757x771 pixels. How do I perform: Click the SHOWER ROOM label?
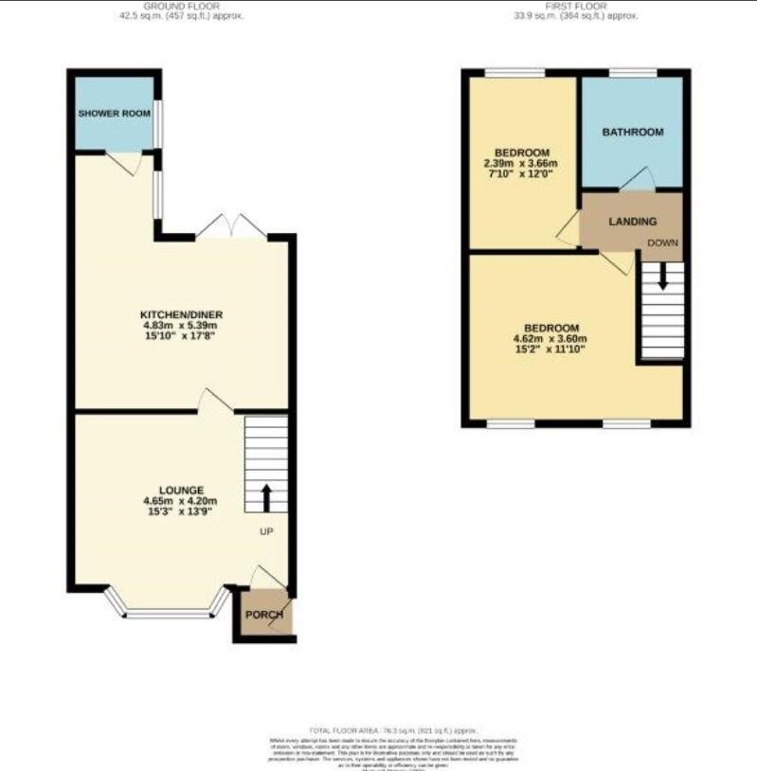114,113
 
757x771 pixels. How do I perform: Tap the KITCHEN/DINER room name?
181,314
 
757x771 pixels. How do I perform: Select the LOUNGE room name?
180,490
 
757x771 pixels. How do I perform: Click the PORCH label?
264,615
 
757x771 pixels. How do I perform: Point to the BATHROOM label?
632,132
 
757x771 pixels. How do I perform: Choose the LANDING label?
632,222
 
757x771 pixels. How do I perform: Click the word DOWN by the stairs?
663,242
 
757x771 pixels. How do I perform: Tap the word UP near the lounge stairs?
266,531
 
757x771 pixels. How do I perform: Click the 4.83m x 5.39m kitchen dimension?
181,326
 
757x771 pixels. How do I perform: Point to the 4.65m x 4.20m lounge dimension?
180,501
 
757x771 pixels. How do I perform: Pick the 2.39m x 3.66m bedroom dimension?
522,163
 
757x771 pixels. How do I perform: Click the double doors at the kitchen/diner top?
232,227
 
